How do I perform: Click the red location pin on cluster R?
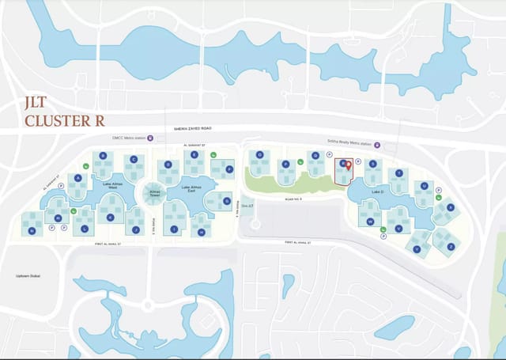pos(349,165)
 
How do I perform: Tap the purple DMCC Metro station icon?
pos(151,138)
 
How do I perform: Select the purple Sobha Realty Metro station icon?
pos(377,145)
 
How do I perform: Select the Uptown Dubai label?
pos(28,276)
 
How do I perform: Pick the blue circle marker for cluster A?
pos(78,178)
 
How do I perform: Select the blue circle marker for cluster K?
pos(110,216)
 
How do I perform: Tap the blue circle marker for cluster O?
pos(259,154)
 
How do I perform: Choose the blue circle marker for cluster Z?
pos(450,246)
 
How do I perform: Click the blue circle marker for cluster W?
pos(370,222)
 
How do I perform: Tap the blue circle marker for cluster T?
pos(399,172)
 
